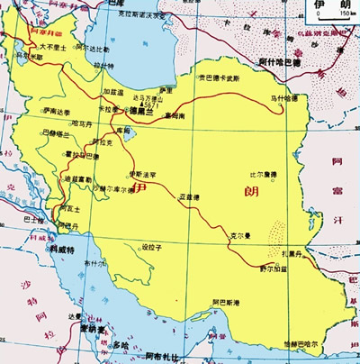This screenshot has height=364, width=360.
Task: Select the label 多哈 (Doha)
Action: pos(122,344)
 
